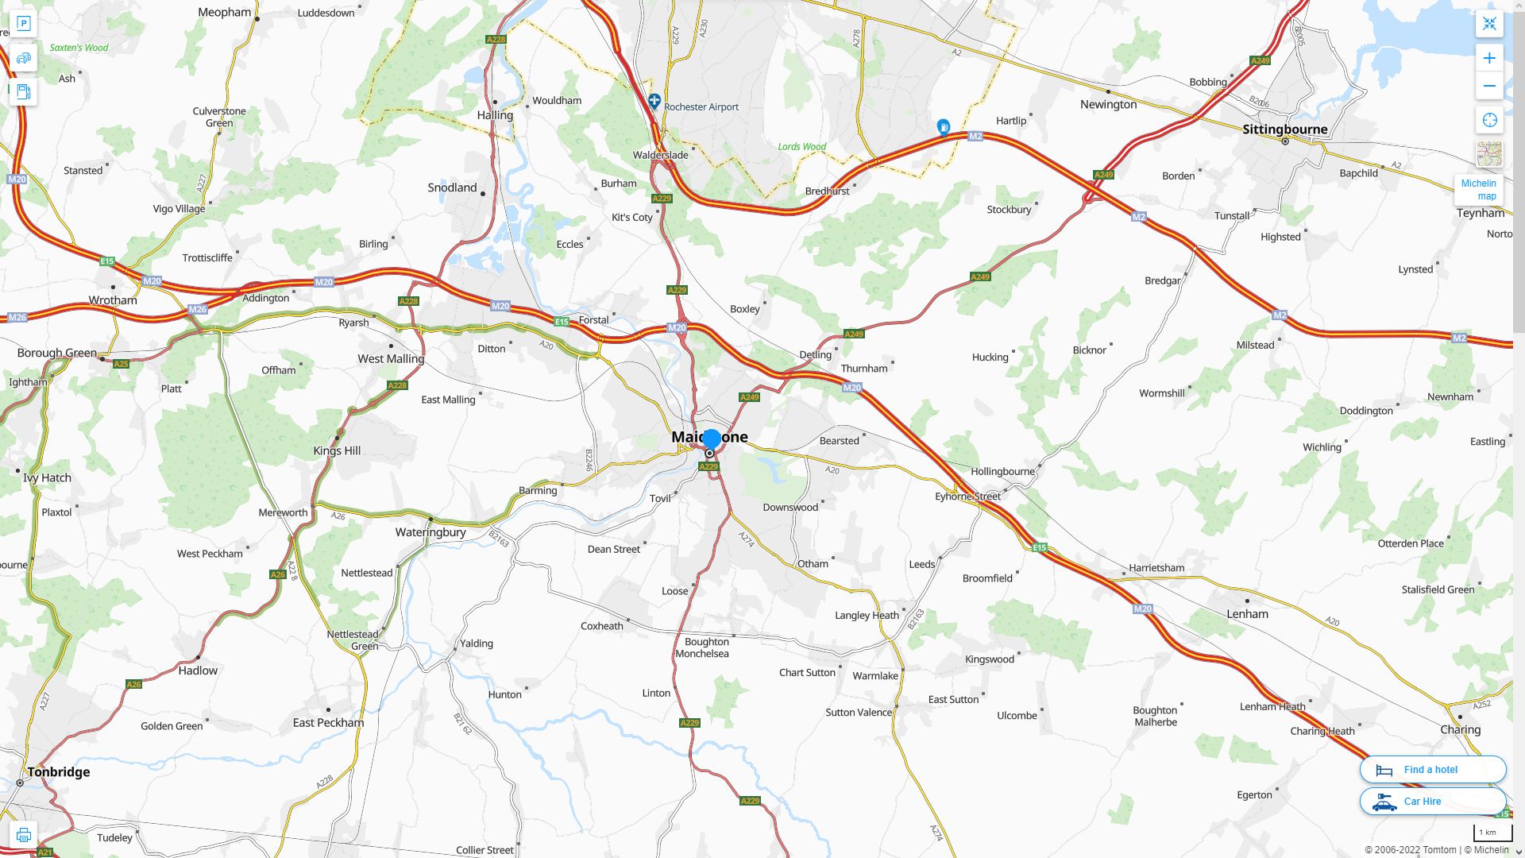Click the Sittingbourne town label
[1284, 129]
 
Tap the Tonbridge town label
[59, 772]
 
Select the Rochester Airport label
[701, 107]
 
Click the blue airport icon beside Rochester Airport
[654, 101]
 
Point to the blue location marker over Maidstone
[712, 439]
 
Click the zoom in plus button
[1489, 58]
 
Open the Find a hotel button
[1432, 770]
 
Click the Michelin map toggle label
[1478, 189]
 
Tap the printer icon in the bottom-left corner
[24, 835]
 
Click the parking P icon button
[24, 24]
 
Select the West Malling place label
[391, 359]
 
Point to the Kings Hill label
[337, 451]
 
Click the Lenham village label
[1247, 614]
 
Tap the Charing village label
[1460, 730]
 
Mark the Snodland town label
[452, 188]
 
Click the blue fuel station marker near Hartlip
[943, 127]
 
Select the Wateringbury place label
[430, 532]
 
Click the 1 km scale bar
[1488, 833]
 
